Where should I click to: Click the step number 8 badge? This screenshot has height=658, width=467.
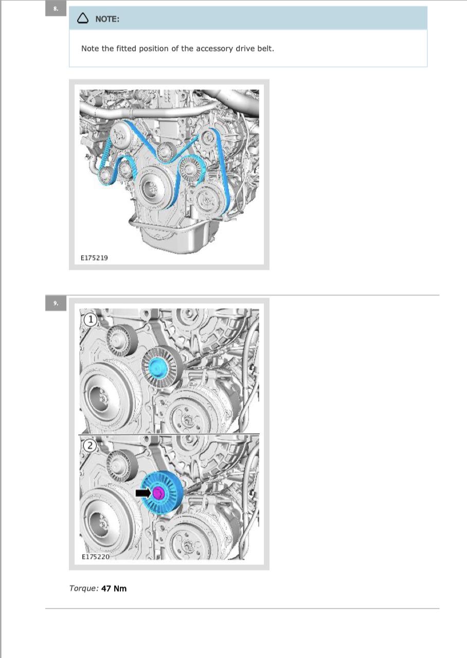click(56, 9)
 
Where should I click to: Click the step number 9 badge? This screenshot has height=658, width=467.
click(56, 303)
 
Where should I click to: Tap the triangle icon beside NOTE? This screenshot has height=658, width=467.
click(83, 18)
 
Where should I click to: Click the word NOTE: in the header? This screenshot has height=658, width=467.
click(107, 19)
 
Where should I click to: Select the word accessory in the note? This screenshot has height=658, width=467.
click(214, 49)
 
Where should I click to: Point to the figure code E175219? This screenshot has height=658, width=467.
click(94, 258)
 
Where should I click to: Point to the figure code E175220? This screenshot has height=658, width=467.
click(96, 557)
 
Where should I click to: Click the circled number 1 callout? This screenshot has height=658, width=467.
click(91, 320)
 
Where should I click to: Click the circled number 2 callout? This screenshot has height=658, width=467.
click(90, 446)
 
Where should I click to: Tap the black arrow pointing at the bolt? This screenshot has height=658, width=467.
click(143, 493)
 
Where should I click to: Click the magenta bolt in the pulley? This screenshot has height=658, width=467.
click(158, 492)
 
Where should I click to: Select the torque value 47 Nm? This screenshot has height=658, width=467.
click(114, 589)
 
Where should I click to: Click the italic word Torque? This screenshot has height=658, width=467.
click(84, 589)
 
